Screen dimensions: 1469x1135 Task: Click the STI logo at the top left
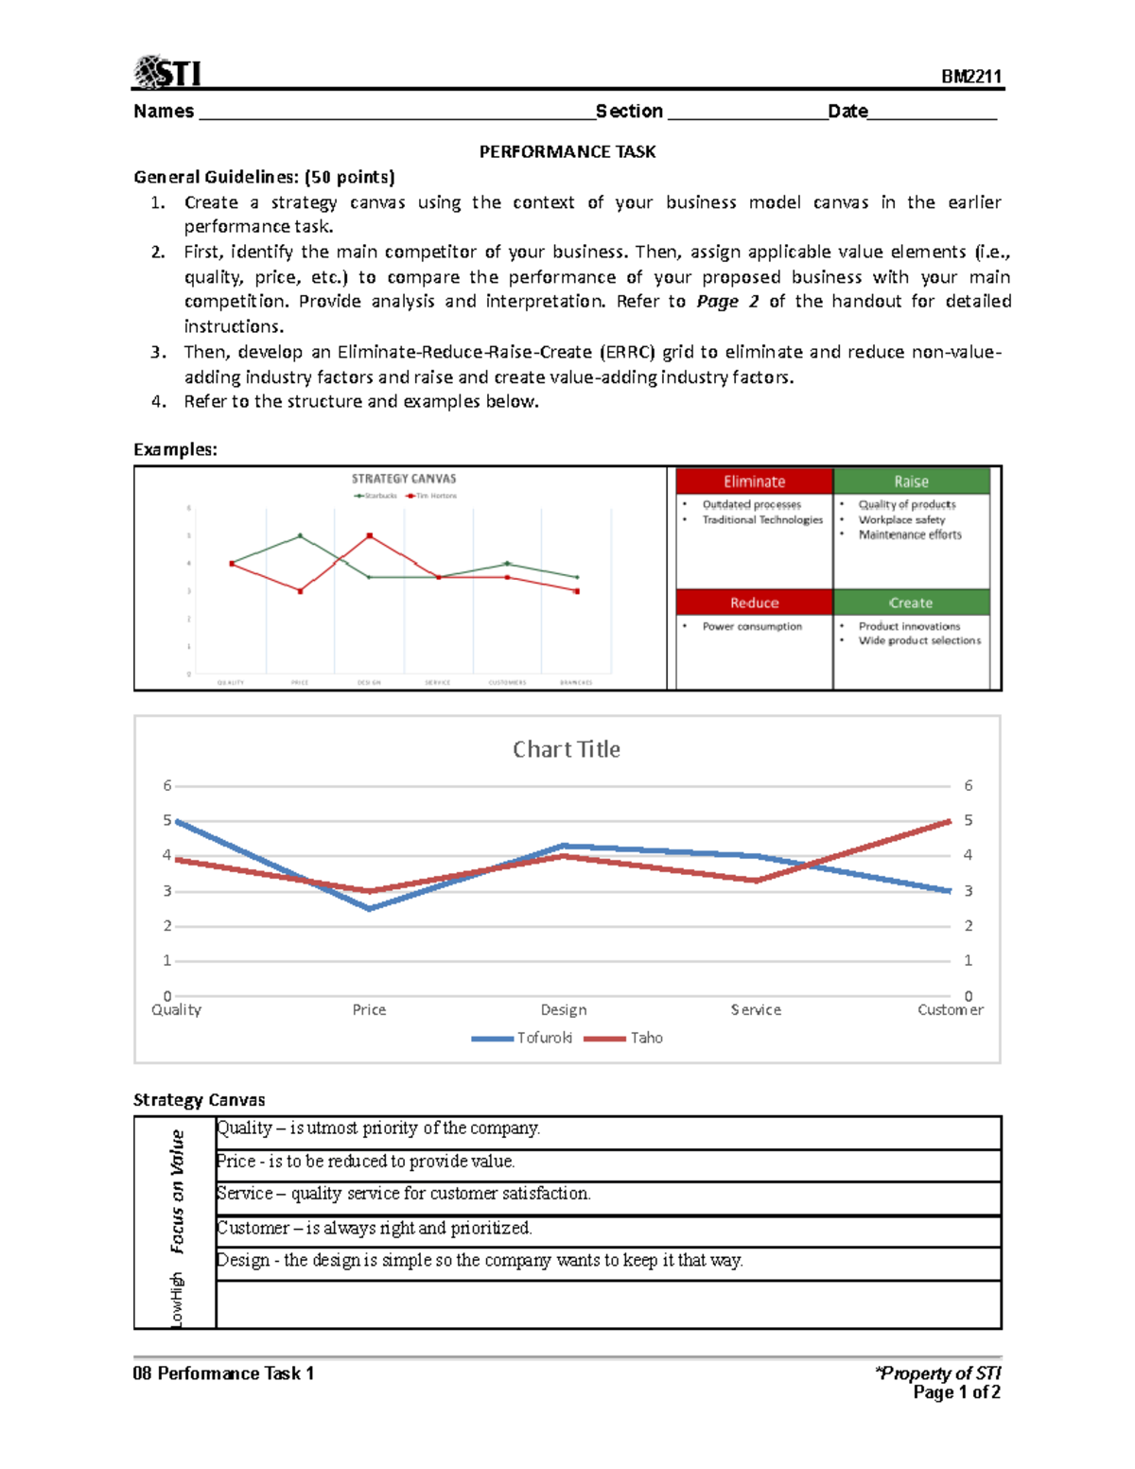(x=167, y=72)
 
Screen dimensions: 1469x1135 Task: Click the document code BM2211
(x=970, y=77)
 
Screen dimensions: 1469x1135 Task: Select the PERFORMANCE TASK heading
(x=567, y=151)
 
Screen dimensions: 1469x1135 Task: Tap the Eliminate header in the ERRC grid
(x=754, y=481)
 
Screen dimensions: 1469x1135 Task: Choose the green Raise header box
(x=911, y=481)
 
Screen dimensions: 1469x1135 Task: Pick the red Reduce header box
(x=754, y=603)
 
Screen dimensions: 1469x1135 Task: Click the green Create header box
(x=911, y=603)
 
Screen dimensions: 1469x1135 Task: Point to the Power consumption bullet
(x=752, y=626)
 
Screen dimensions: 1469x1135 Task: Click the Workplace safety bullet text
(x=901, y=519)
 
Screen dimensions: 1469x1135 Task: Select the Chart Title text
(x=567, y=749)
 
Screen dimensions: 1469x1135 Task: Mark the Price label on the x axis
(x=369, y=1009)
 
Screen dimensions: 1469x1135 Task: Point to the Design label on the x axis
(x=564, y=1009)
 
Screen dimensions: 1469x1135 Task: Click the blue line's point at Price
(x=369, y=908)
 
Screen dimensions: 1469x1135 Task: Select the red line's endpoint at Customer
(x=950, y=821)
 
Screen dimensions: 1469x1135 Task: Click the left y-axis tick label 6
(x=167, y=785)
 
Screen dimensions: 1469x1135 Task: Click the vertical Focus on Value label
(x=177, y=1191)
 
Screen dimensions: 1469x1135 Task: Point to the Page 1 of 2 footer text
(x=956, y=1392)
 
